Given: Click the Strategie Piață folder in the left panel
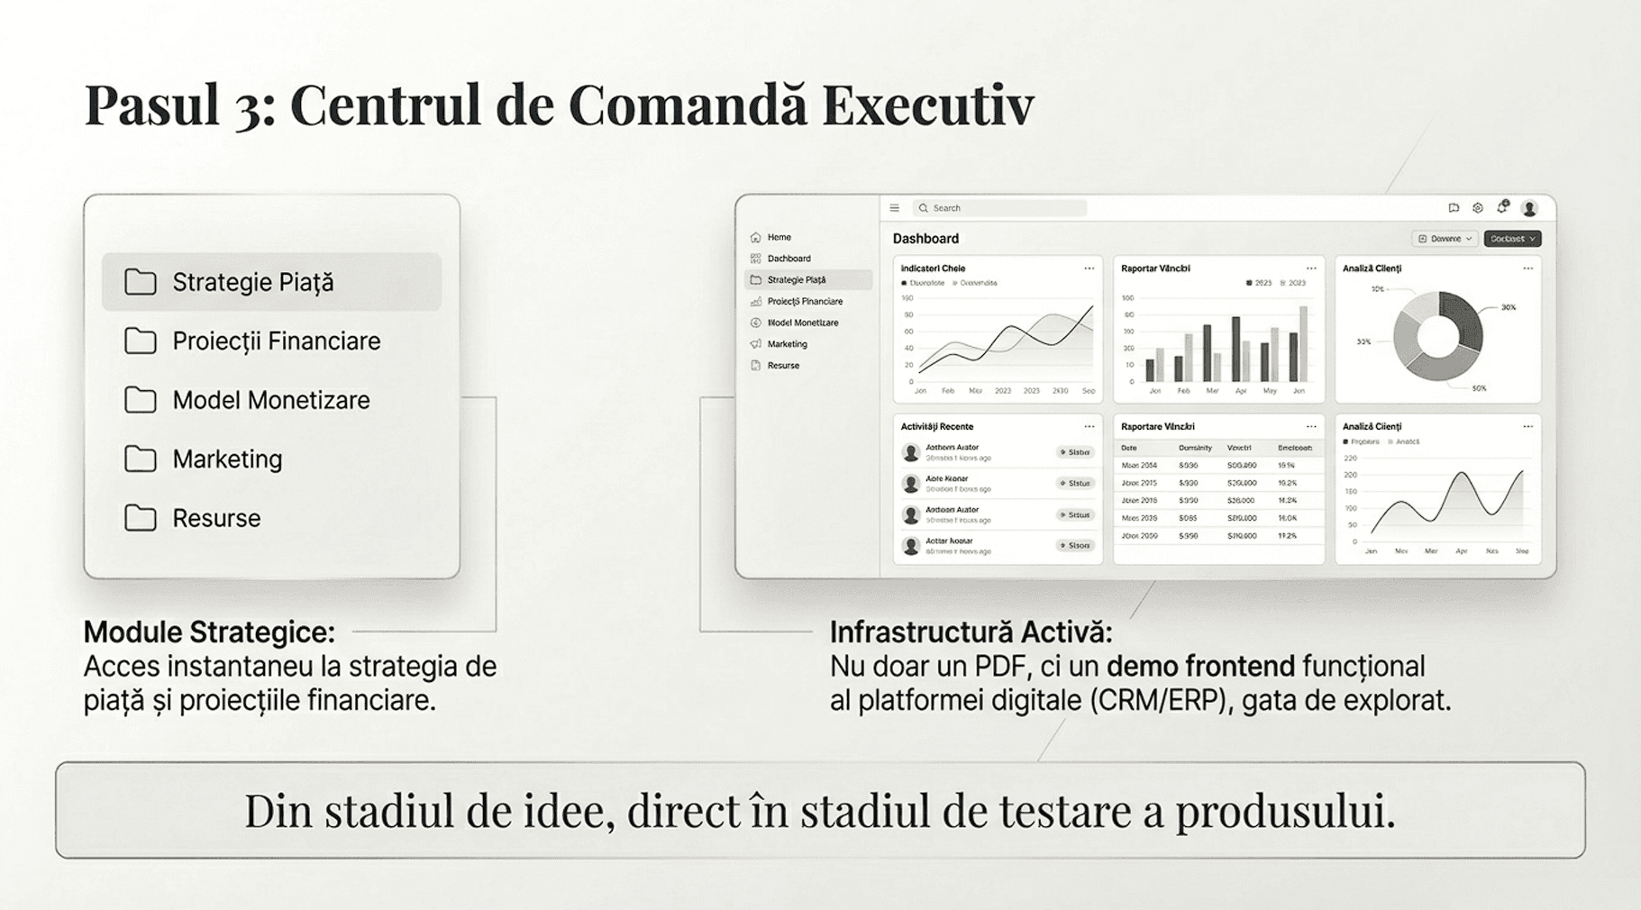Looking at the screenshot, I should (x=252, y=282).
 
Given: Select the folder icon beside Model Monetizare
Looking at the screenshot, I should (x=140, y=400).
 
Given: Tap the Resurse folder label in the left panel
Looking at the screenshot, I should (x=216, y=518).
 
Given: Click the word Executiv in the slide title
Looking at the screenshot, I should (x=927, y=105).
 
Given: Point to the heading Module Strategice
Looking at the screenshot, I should (x=209, y=632).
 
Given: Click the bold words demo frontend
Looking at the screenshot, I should (x=1199, y=667).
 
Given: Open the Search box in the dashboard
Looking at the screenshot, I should (x=1000, y=208).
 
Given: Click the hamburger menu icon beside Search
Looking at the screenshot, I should (x=895, y=208).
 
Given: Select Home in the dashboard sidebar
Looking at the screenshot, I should (x=779, y=238).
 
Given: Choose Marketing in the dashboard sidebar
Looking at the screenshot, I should (x=787, y=344).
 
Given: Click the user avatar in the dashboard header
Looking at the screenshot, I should (x=1529, y=208).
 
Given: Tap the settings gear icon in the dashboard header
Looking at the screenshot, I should (x=1478, y=208).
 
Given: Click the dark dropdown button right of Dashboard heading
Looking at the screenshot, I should (x=1512, y=239).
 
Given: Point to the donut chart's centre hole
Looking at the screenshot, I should (x=1437, y=336).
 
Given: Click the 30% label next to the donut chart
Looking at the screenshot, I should (x=1509, y=307).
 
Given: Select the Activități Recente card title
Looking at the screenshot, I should (x=937, y=427).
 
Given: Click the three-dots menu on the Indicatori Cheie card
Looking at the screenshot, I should (x=1089, y=268).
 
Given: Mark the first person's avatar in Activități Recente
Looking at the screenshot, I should (x=911, y=452).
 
